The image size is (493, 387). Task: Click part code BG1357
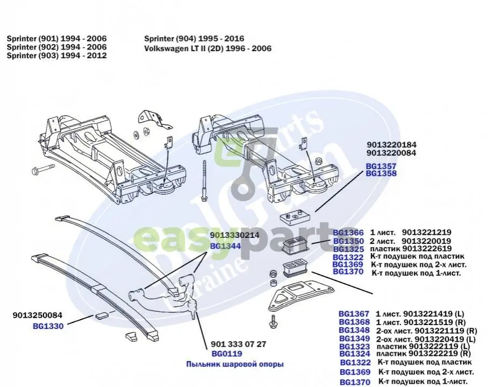point(381,166)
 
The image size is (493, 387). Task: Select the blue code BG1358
point(381,174)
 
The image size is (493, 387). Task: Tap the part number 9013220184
point(391,145)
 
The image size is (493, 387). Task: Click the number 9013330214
point(235,235)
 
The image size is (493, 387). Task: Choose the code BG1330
point(48,326)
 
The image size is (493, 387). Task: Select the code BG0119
point(227,354)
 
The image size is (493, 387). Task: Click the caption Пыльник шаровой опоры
point(235,364)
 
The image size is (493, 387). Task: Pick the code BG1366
point(349,233)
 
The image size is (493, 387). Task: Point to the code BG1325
point(349,249)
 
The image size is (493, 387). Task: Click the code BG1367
point(354,313)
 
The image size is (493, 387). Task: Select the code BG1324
point(354,354)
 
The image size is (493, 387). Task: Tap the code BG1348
point(354,329)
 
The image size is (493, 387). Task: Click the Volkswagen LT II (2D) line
point(208,48)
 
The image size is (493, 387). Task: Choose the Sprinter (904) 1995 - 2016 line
point(194,39)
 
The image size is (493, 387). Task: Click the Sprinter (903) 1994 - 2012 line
point(57,55)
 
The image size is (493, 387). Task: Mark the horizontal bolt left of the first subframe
point(43,171)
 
